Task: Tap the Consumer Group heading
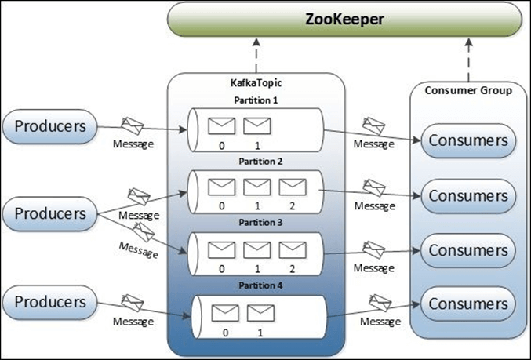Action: pyautogui.click(x=468, y=90)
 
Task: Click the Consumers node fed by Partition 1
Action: pyautogui.click(x=468, y=142)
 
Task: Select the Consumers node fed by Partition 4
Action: pyautogui.click(x=468, y=303)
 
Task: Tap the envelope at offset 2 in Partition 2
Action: pyautogui.click(x=292, y=187)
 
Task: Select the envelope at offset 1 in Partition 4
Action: pyautogui.click(x=257, y=312)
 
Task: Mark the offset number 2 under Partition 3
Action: pyautogui.click(x=292, y=267)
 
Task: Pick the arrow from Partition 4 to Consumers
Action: pyautogui.click(x=373, y=309)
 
